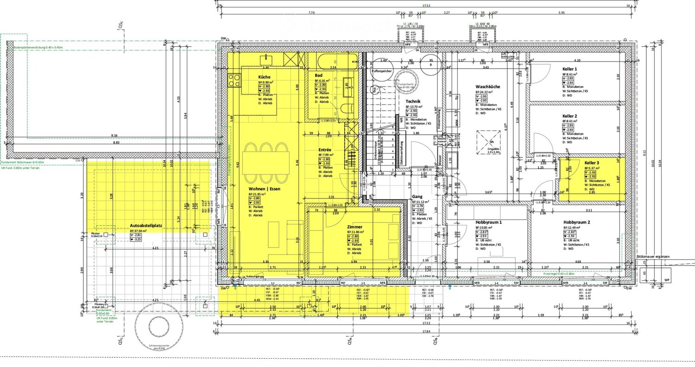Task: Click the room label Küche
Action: (265, 77)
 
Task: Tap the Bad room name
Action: (318, 75)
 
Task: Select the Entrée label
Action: (324, 150)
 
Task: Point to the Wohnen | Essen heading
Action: (264, 189)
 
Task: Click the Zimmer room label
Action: (354, 227)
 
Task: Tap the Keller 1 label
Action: (570, 68)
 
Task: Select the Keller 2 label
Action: (570, 116)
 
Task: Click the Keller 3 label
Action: (592, 163)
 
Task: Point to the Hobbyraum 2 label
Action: (577, 222)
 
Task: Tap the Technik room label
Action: (413, 101)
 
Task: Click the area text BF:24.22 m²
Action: (486, 92)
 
